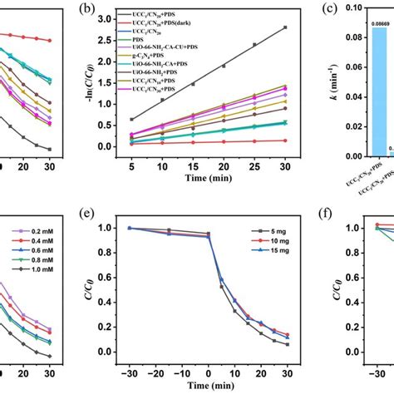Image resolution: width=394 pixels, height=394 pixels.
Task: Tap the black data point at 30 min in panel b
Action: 286,27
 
